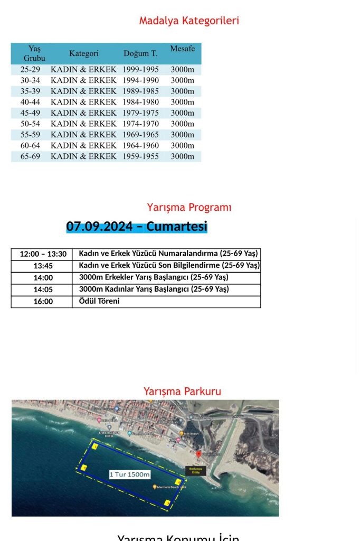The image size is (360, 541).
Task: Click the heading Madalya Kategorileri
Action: [x=189, y=21]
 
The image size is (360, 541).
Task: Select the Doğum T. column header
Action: [x=140, y=53]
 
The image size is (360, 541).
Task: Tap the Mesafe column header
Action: [x=183, y=49]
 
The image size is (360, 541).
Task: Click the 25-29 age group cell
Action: [x=31, y=69]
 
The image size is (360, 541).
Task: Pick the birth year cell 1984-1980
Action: [x=140, y=102]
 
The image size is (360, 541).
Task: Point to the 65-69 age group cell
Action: [x=31, y=156]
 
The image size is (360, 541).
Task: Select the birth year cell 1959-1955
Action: [x=140, y=156]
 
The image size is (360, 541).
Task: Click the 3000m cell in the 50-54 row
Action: [x=183, y=124]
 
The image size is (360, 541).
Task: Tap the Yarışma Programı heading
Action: [x=189, y=208]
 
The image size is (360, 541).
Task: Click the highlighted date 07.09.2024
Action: [x=99, y=227]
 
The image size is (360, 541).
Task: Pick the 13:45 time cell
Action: [x=43, y=266]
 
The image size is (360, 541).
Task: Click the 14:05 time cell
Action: [x=43, y=290]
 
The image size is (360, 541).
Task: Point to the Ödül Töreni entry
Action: [x=99, y=301]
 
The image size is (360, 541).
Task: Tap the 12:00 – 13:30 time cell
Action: [x=43, y=254]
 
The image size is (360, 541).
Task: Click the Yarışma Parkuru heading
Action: [x=182, y=391]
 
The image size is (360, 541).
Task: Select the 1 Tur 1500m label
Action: [x=130, y=474]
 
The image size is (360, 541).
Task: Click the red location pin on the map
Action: [x=198, y=454]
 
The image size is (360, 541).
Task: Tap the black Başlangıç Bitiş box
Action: [x=195, y=471]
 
